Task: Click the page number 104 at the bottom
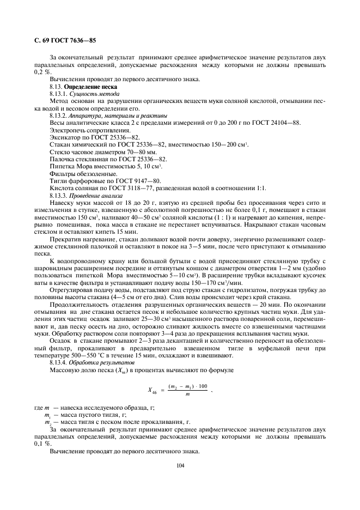point(180,465)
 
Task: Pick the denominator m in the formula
point(187,394)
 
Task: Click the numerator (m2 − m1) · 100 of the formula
point(187,386)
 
